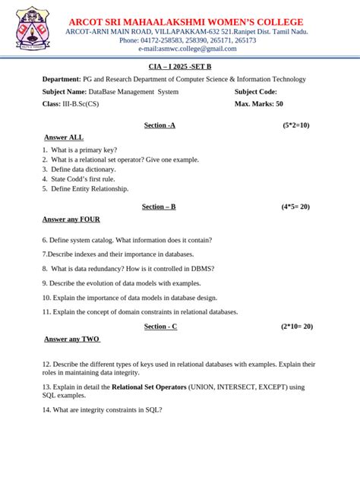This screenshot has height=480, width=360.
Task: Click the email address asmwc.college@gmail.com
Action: pyautogui.click(x=188, y=49)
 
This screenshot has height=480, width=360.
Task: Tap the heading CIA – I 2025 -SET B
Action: pyautogui.click(x=179, y=67)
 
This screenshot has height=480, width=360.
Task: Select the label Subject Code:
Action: pyautogui.click(x=256, y=91)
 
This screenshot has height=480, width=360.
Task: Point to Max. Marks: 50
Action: pyautogui.click(x=259, y=103)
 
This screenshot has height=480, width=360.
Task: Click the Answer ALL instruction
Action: pyautogui.click(x=64, y=137)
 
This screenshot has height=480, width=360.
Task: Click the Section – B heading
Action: pyautogui.click(x=159, y=206)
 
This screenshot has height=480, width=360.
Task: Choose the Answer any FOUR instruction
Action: pyautogui.click(x=71, y=219)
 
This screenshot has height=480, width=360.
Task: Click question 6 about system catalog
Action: pyautogui.click(x=127, y=240)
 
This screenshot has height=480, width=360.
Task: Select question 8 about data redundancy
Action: pyautogui.click(x=128, y=268)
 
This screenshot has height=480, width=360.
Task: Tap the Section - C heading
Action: pyautogui.click(x=160, y=326)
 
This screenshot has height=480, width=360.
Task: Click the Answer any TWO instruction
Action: pyautogui.click(x=71, y=339)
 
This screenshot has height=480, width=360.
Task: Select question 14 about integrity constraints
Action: pyautogui.click(x=103, y=410)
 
